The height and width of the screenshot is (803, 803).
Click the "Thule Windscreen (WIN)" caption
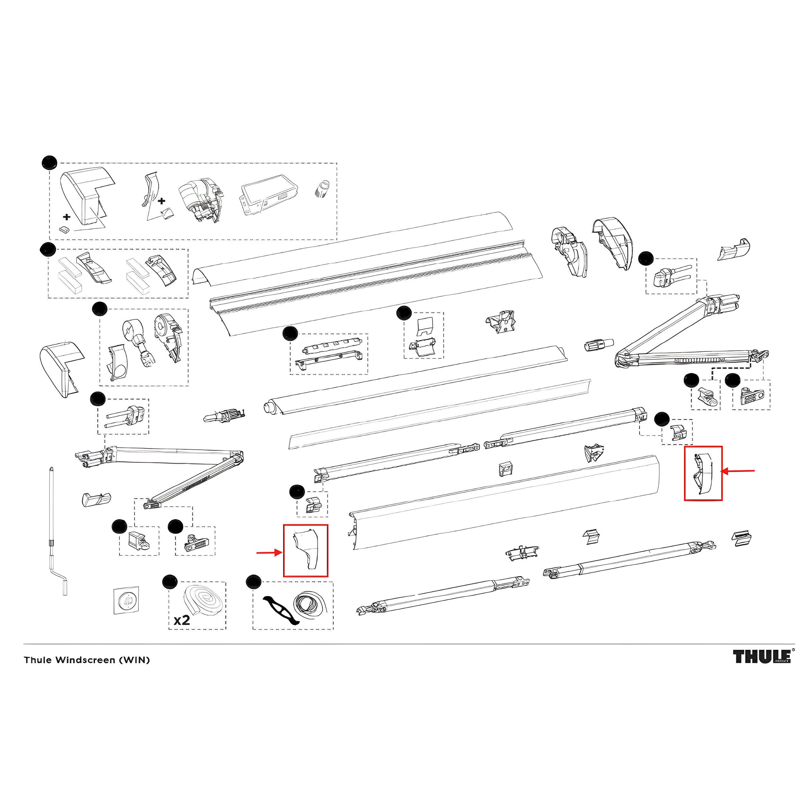coord(87,660)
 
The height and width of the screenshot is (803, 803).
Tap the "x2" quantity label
coord(181,620)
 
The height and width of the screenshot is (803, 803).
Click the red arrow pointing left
coord(738,471)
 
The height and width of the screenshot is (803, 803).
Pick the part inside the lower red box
coord(306,550)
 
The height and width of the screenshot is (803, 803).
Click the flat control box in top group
coord(269,195)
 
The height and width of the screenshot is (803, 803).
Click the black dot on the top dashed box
coord(49,162)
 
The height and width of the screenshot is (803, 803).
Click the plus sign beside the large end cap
coord(66,216)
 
